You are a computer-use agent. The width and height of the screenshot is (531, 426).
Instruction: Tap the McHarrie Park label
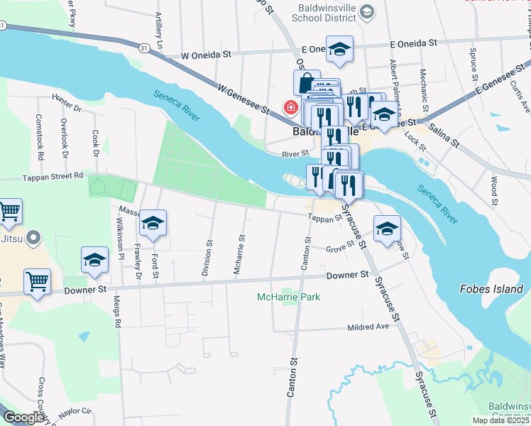[x=289, y=297]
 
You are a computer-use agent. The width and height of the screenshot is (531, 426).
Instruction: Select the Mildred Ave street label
[x=368, y=327]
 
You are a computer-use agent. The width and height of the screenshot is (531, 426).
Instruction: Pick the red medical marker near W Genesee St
[x=290, y=108]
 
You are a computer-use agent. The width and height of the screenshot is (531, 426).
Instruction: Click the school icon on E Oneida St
[x=339, y=49]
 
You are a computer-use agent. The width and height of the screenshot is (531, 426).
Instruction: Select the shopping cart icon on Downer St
[x=38, y=280]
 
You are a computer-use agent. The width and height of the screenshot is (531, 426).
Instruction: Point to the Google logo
[x=23, y=417]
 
